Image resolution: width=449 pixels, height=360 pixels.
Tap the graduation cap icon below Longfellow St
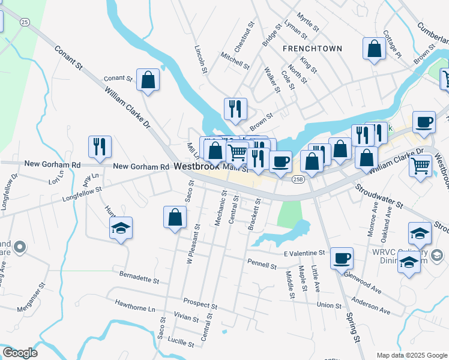point(121,229)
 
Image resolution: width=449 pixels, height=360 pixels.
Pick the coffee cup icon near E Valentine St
point(342,258)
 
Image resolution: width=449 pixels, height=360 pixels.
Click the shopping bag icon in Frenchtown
point(374,50)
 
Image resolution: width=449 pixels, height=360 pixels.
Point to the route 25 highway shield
point(24,22)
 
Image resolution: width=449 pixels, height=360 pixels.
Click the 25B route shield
point(298,178)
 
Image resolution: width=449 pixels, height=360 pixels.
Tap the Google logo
point(20,353)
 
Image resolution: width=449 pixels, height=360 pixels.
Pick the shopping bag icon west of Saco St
point(174,217)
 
